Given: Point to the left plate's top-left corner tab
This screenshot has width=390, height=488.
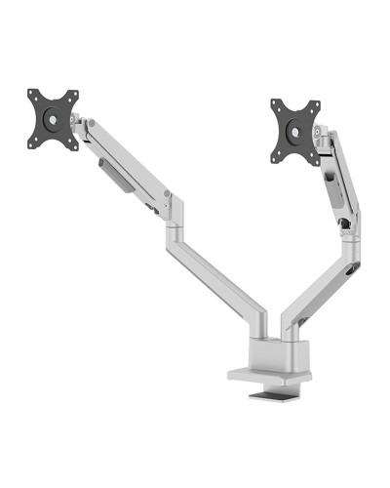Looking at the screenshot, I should click(32, 96).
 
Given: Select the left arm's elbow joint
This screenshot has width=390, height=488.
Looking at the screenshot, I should click(173, 208).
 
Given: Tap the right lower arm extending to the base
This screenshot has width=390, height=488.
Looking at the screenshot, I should click(312, 293).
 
